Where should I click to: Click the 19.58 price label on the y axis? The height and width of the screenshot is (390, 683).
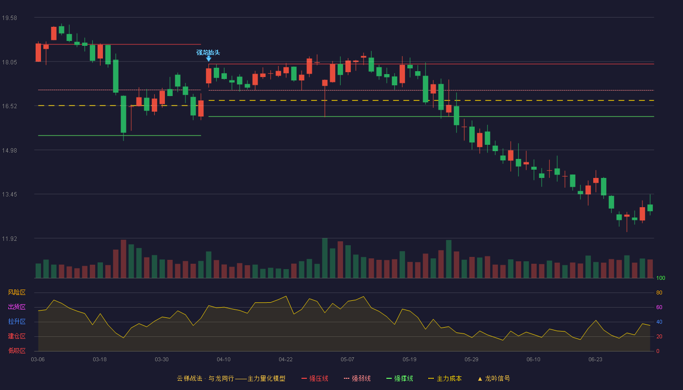tap(9, 18)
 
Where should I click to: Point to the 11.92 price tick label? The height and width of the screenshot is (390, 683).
tap(9, 238)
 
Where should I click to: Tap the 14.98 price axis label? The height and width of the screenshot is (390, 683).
tap(9, 151)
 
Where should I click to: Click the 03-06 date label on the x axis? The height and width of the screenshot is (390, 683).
tap(38, 360)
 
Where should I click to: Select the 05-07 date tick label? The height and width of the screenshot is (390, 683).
tap(347, 360)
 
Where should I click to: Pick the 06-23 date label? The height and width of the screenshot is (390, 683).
tap(595, 360)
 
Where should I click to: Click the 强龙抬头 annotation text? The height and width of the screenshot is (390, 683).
tap(208, 53)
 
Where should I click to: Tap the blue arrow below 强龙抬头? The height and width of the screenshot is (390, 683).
tap(209, 58)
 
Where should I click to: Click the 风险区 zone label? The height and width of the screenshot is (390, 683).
tap(17, 292)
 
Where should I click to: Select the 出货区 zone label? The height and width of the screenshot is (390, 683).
tap(17, 307)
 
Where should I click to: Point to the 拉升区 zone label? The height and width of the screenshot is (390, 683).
tap(17, 321)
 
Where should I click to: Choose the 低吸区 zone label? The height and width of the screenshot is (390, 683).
tap(17, 351)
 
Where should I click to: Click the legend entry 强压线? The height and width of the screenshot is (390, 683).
tap(315, 378)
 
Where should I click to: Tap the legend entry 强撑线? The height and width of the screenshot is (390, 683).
tap(400, 378)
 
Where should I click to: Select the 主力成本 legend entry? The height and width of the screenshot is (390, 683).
tap(445, 378)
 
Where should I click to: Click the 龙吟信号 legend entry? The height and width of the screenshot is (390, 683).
tap(494, 378)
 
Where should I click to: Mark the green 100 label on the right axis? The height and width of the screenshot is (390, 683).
tap(661, 278)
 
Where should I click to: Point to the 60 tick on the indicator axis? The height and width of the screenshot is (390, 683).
tap(659, 307)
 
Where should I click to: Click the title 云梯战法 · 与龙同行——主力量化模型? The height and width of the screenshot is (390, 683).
tap(231, 378)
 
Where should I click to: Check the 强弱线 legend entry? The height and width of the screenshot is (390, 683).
tap(357, 378)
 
